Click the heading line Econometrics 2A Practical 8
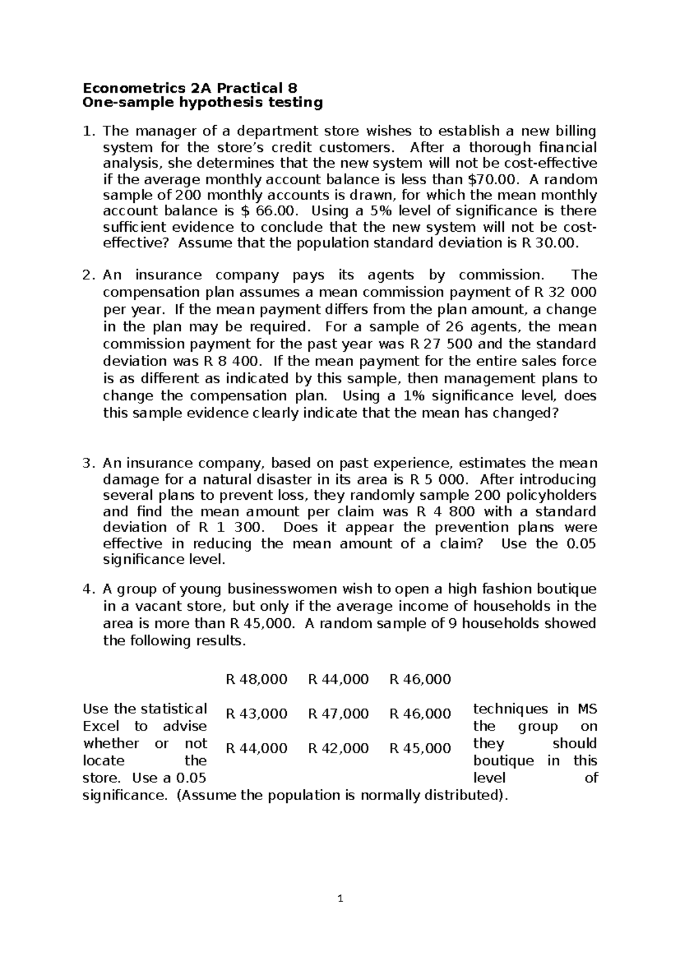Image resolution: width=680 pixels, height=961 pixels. tap(190, 88)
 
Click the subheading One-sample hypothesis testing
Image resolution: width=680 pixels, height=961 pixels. tap(202, 103)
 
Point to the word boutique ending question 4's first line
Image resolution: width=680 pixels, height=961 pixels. tap(566, 589)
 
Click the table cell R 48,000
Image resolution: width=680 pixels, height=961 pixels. tap(256, 679)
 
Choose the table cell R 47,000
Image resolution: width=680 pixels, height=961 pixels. tap(338, 713)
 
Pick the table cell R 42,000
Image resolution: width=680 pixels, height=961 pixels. tap(338, 748)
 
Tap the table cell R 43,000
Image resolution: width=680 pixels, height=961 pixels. tap(256, 713)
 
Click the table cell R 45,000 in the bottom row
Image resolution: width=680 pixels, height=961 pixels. tap(420, 748)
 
